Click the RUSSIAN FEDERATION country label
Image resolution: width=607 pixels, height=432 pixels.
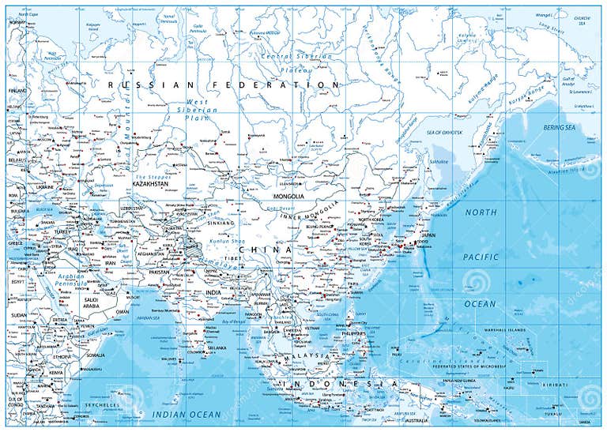(224, 85)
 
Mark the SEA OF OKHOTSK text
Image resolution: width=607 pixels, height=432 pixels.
(443, 132)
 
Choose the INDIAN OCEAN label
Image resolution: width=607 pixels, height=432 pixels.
(187, 414)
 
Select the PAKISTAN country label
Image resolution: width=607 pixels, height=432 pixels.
(159, 272)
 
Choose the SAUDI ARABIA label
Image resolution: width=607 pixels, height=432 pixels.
(92, 303)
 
